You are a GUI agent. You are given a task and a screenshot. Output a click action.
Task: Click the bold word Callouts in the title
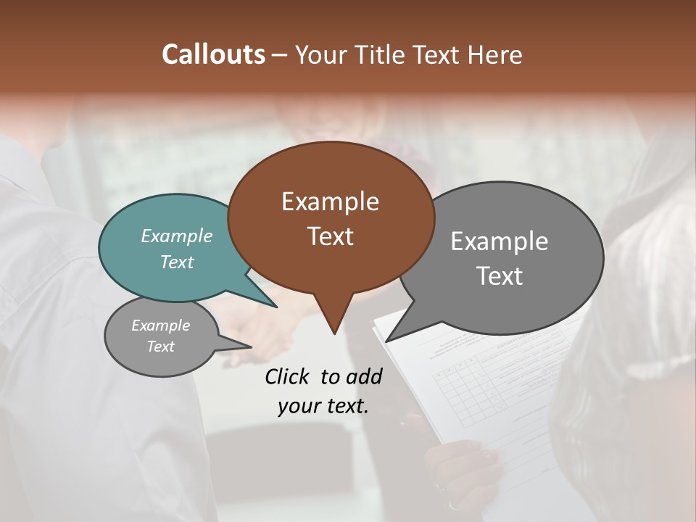(x=213, y=54)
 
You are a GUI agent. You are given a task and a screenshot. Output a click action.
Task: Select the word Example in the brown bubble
(x=330, y=202)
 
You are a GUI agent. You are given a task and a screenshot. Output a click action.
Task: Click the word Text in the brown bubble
(x=330, y=236)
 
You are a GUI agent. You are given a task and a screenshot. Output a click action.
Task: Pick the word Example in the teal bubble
(x=177, y=236)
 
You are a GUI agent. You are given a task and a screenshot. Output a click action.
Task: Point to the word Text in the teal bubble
(x=177, y=262)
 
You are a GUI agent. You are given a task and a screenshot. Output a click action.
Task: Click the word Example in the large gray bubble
(x=500, y=241)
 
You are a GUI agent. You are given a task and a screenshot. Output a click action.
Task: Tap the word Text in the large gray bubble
(x=500, y=276)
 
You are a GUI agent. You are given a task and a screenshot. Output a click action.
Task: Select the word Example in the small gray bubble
(x=161, y=326)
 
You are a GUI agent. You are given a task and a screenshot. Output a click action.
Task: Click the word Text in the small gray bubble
(x=161, y=347)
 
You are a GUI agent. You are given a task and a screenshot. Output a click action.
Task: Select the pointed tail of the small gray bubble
(x=246, y=346)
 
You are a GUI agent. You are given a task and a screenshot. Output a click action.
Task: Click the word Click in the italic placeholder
(x=288, y=376)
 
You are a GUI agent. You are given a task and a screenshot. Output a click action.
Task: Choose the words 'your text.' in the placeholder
(x=323, y=406)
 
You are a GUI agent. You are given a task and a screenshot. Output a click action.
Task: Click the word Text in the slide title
(x=441, y=54)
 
